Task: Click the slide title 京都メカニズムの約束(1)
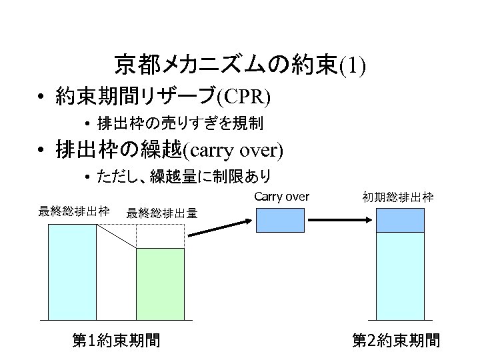[240, 65]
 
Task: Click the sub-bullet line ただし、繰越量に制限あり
[183, 177]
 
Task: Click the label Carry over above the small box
[281, 197]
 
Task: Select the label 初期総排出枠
[398, 197]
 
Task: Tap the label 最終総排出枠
[74, 212]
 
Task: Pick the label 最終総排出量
[161, 213]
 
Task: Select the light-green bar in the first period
[160, 283]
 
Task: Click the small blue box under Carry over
[281, 221]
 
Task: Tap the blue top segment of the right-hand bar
[400, 221]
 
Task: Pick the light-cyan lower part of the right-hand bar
[400, 276]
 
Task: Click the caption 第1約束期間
[116, 341]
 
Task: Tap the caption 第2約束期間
[396, 341]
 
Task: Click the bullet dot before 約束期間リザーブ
[41, 97]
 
